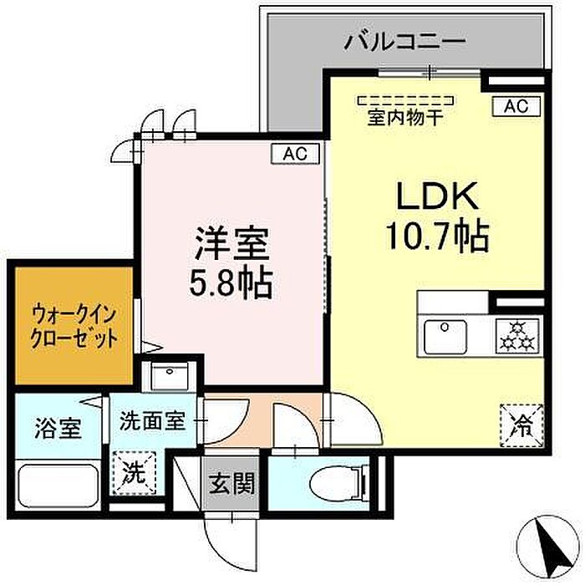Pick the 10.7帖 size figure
pyautogui.click(x=436, y=237)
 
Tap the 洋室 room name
pyautogui.click(x=231, y=244)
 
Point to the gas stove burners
pyautogui.click(x=516, y=336)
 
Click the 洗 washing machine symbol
pyautogui.click(x=134, y=472)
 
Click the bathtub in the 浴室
pyautogui.click(x=58, y=482)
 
